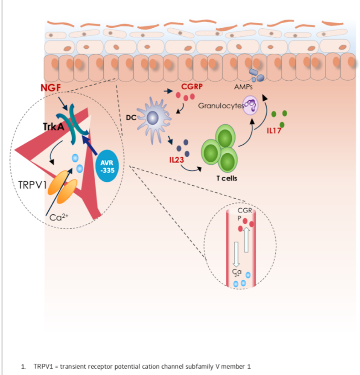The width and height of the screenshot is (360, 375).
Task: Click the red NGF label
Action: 51,88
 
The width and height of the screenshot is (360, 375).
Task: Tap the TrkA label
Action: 53,127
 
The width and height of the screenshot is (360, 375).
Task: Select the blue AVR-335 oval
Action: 107,166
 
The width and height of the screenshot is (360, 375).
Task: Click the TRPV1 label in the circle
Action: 32,185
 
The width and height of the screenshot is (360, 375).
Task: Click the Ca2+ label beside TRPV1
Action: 59,217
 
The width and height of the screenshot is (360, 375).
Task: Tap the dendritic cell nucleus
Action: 152,118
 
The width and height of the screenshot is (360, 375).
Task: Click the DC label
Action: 131,118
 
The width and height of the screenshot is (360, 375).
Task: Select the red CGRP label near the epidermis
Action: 192,86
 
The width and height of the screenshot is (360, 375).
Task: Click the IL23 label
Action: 177,160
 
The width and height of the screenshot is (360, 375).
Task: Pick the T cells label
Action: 227,178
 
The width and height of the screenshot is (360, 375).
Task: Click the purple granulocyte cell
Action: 251,105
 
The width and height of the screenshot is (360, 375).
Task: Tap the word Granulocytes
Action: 221,106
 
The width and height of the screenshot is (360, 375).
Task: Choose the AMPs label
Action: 243,87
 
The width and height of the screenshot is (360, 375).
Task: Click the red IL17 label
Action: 274,130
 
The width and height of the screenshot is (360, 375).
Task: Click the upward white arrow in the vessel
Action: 246,239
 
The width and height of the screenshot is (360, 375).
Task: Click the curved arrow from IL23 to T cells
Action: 191,169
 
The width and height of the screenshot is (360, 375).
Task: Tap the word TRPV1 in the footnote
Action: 43,367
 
